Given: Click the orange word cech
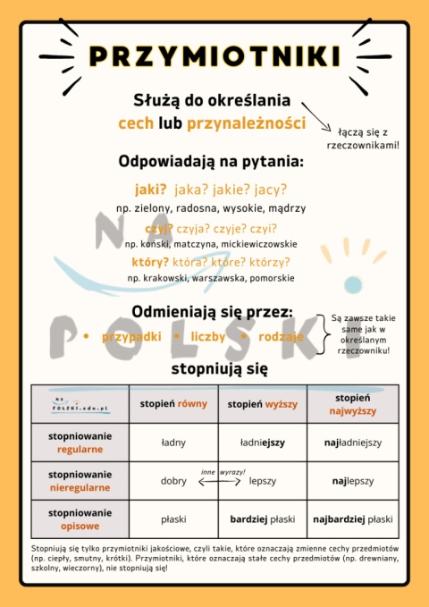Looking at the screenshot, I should coord(136,122).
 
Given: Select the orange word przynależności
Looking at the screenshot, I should coord(246,122).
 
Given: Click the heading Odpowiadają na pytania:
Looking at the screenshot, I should coord(211,162).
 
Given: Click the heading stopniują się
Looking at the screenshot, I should coord(214,368).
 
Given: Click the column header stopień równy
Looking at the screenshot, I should coord(173,404).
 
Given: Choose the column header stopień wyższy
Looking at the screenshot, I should coord(262,404).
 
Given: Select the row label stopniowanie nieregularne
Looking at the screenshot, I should coord(80,481).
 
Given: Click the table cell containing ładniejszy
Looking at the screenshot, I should coord(262,443).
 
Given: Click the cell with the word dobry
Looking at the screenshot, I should coord(173,481).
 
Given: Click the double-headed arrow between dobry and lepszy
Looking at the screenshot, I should coord(222,481).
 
